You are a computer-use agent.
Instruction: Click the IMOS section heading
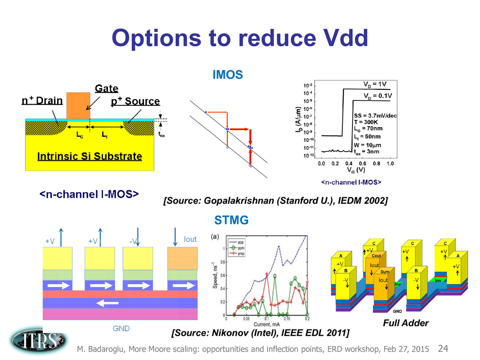[228, 75]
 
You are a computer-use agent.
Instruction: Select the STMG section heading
[231, 220]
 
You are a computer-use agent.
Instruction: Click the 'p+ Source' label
[136, 102]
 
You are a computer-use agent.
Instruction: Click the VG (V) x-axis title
[355, 171]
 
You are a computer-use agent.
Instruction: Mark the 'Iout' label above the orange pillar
[190, 239]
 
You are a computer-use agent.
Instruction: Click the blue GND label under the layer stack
[121, 328]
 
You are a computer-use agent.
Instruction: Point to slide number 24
[443, 349]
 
